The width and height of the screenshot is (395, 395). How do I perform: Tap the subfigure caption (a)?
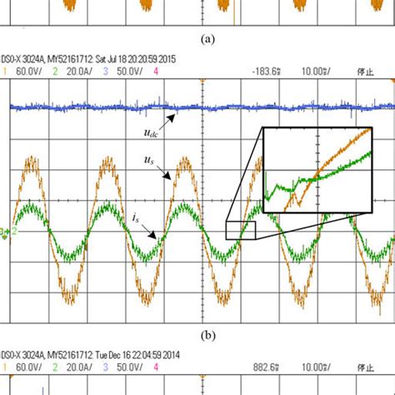(x=198, y=37)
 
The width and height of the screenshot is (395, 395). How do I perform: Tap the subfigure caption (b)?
(x=198, y=335)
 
